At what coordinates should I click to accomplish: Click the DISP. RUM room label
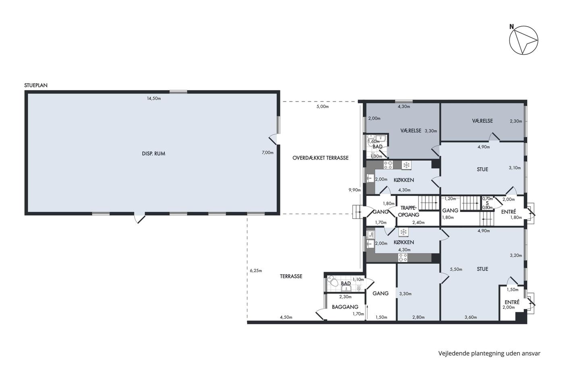point(153,154)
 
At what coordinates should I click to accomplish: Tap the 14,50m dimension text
point(154,98)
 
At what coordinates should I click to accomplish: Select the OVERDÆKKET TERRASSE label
point(321,158)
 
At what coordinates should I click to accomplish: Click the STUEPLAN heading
point(36,85)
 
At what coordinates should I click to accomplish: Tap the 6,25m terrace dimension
point(256,271)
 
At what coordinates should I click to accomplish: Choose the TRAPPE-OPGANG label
point(408,211)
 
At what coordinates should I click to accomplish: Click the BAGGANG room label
point(345,307)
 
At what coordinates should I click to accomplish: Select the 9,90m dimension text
point(355,190)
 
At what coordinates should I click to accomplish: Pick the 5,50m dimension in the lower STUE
point(456,269)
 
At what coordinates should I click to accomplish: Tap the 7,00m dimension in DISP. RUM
point(267,153)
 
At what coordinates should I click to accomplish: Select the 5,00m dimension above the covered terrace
point(323,106)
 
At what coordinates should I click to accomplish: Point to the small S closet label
point(487,203)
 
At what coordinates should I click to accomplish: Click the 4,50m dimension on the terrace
point(286,317)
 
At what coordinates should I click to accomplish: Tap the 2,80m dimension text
point(418,317)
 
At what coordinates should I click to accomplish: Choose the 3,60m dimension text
point(471,317)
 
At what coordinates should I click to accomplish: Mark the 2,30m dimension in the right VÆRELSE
point(516,121)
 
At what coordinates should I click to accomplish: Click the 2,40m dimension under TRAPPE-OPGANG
point(418,222)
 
